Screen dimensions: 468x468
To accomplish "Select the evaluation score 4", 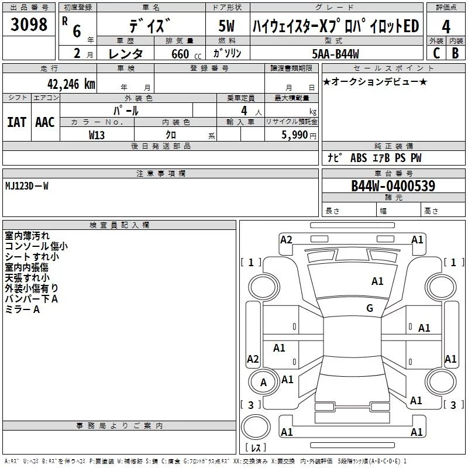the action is tap(446, 26).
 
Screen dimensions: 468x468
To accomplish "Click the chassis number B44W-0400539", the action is tap(393, 186).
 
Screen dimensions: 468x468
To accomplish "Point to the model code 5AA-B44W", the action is tap(335, 53).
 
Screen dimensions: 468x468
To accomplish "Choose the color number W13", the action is tap(97, 135).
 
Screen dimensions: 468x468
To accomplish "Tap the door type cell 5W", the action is tap(227, 26).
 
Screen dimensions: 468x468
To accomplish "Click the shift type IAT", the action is tap(16, 122).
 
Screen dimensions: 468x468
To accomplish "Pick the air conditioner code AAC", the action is tap(44, 122).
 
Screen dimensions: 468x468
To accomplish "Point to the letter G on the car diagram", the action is tap(369, 308).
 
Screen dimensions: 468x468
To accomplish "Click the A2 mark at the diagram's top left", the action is tap(286, 239).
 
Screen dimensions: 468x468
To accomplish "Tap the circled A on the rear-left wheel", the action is tap(263, 383).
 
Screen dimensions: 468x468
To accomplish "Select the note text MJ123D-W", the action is tap(27, 185).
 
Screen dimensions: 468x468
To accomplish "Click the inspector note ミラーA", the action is tap(22, 309).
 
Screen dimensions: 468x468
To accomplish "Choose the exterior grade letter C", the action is tap(436, 53).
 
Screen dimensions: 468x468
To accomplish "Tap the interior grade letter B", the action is tap(455, 53).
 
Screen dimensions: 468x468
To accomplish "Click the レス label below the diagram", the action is tap(256, 449).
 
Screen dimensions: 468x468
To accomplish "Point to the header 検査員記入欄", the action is tap(119, 225).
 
